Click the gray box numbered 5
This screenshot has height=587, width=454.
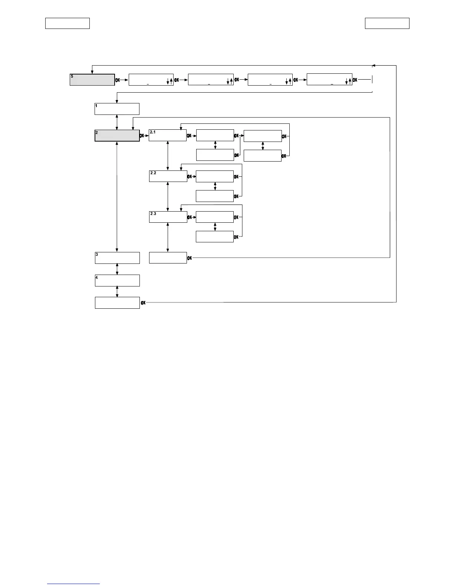pos(92,80)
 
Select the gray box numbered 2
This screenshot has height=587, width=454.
pos(117,136)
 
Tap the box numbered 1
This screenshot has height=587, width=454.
pos(117,109)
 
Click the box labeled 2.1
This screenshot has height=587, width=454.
pos(168,135)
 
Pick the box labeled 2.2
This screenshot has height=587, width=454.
pos(168,176)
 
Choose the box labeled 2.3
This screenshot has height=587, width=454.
pos(168,217)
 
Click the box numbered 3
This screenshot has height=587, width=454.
pos(117,258)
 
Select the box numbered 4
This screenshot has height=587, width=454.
pos(117,281)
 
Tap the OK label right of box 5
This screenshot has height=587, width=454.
pos(118,80)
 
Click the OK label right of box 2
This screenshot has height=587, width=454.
pos(142,136)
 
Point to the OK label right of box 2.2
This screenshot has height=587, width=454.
pos(190,176)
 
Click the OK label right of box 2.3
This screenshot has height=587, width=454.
pos(190,217)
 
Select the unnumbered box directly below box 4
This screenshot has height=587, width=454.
pos(117,303)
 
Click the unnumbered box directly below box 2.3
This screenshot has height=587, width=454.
pos(168,258)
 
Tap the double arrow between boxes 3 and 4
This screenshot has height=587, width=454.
pos(117,269)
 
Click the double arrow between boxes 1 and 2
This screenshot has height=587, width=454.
pos(117,122)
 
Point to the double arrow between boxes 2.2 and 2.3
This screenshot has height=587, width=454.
pos(168,196)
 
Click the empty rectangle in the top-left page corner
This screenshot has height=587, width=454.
pos(68,23)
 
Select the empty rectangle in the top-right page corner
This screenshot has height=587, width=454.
pos(387,23)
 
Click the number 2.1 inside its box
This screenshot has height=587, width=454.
pos(153,132)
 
